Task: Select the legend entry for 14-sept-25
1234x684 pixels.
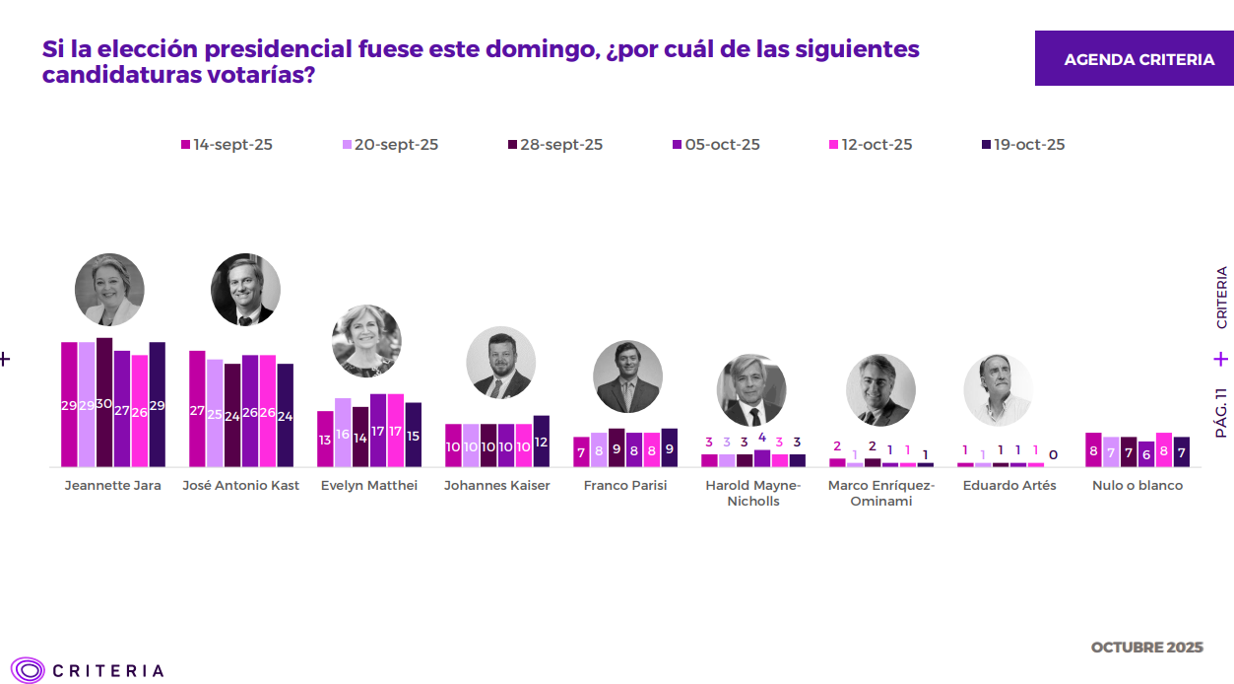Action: coord(227,145)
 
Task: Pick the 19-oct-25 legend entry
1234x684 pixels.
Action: coord(1023,145)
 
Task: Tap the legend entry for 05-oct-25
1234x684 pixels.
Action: coord(715,145)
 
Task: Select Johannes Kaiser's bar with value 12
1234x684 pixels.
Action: coord(541,442)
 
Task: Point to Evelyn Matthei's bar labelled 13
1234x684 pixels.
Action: coord(325,440)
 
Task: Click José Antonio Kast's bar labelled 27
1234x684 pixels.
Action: coord(197,409)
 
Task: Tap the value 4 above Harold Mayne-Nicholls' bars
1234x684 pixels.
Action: coord(761,438)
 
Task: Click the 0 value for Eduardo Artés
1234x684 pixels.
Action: coord(1053,455)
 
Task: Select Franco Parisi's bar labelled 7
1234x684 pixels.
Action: coord(581,452)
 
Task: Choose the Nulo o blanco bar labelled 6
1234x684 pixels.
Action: coord(1146,454)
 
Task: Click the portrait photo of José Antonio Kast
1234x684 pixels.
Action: coord(245,290)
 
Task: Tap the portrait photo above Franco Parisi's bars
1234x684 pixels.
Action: coord(627,376)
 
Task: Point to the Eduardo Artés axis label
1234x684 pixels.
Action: coord(1009,486)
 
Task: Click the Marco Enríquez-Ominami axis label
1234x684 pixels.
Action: coord(880,493)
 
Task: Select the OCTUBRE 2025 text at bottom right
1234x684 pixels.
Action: coord(1146,648)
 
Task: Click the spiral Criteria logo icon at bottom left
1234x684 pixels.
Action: coord(29,670)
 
